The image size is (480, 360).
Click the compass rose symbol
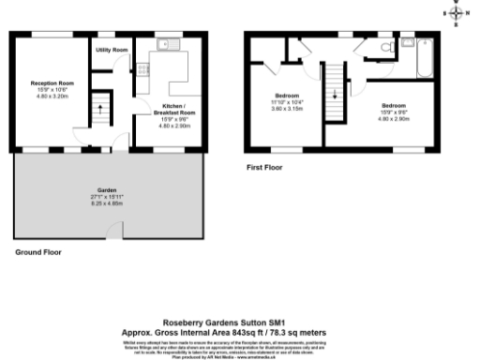pos(457,13)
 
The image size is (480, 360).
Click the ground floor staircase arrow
pos(98,113)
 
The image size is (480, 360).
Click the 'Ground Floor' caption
pos(37,252)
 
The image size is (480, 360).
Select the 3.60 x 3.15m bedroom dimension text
pos(288,109)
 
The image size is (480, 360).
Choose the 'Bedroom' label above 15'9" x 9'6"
pos(394,107)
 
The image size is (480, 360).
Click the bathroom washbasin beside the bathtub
pos(406,43)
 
